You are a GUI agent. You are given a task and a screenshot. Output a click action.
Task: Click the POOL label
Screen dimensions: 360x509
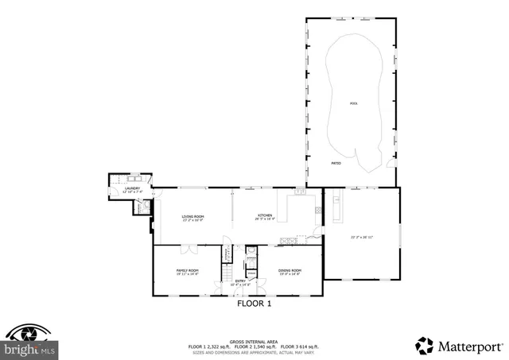point(354,103)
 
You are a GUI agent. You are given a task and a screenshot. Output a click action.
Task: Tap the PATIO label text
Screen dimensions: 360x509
point(336,163)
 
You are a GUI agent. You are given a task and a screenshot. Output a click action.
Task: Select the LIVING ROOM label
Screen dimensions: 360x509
point(192,218)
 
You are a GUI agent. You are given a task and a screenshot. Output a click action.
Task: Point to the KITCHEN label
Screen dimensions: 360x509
point(264,218)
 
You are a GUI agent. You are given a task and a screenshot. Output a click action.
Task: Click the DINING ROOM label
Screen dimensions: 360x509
point(289,272)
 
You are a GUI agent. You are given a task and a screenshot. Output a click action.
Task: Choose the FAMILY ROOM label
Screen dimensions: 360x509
point(187,272)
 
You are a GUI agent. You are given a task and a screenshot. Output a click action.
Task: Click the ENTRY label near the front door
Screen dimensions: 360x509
point(239,281)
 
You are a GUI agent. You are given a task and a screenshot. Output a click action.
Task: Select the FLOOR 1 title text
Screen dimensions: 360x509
point(254,304)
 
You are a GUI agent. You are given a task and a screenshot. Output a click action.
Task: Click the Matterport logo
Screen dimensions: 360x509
point(459,346)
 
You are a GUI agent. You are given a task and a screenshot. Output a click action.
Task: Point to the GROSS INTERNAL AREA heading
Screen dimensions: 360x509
point(254,339)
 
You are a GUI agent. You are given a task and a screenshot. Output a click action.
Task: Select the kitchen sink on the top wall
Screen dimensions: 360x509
point(300,191)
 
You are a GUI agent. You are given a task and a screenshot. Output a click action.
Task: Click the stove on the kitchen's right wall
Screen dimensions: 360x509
point(318,210)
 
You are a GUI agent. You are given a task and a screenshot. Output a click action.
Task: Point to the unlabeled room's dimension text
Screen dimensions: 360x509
point(362,236)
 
